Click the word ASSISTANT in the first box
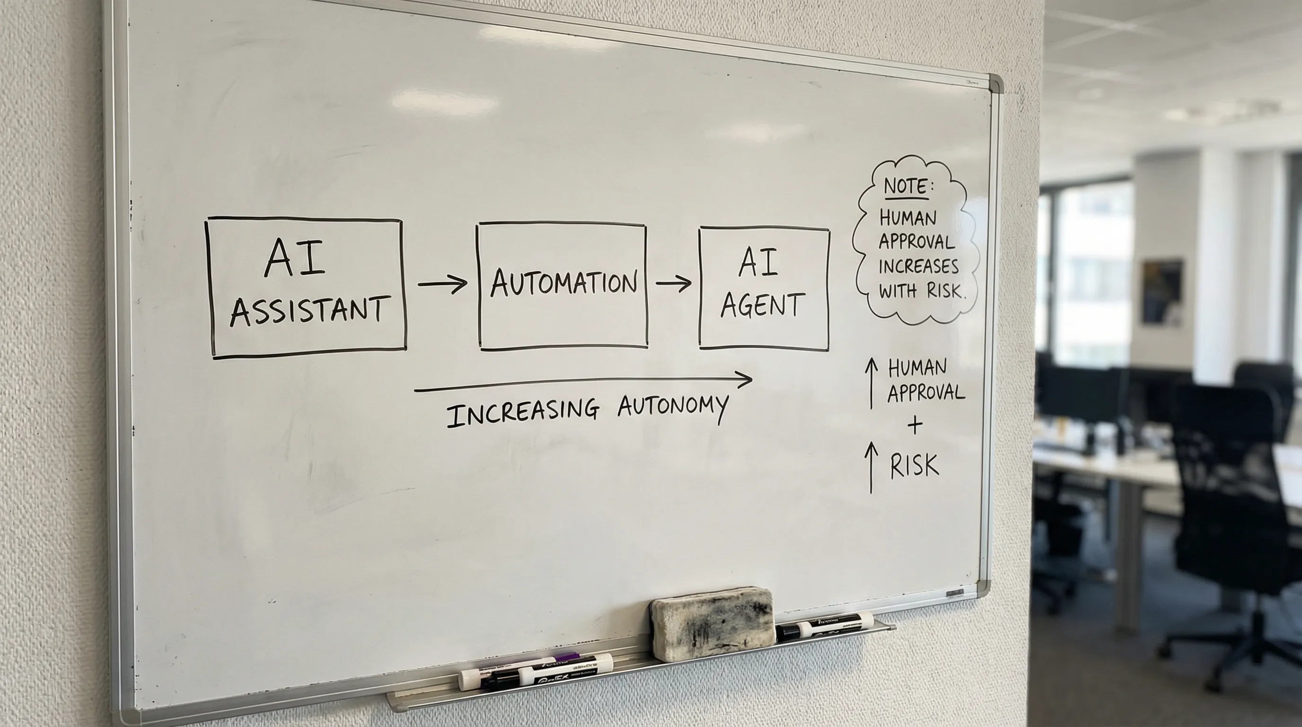309,310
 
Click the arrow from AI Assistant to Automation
442,284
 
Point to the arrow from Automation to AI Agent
674,283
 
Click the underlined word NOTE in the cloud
905,186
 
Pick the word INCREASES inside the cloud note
918,266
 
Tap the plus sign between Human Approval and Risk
915,425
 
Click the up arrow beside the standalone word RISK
871,467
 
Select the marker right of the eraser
825,626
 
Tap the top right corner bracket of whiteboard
994,83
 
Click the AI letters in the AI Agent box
758,263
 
